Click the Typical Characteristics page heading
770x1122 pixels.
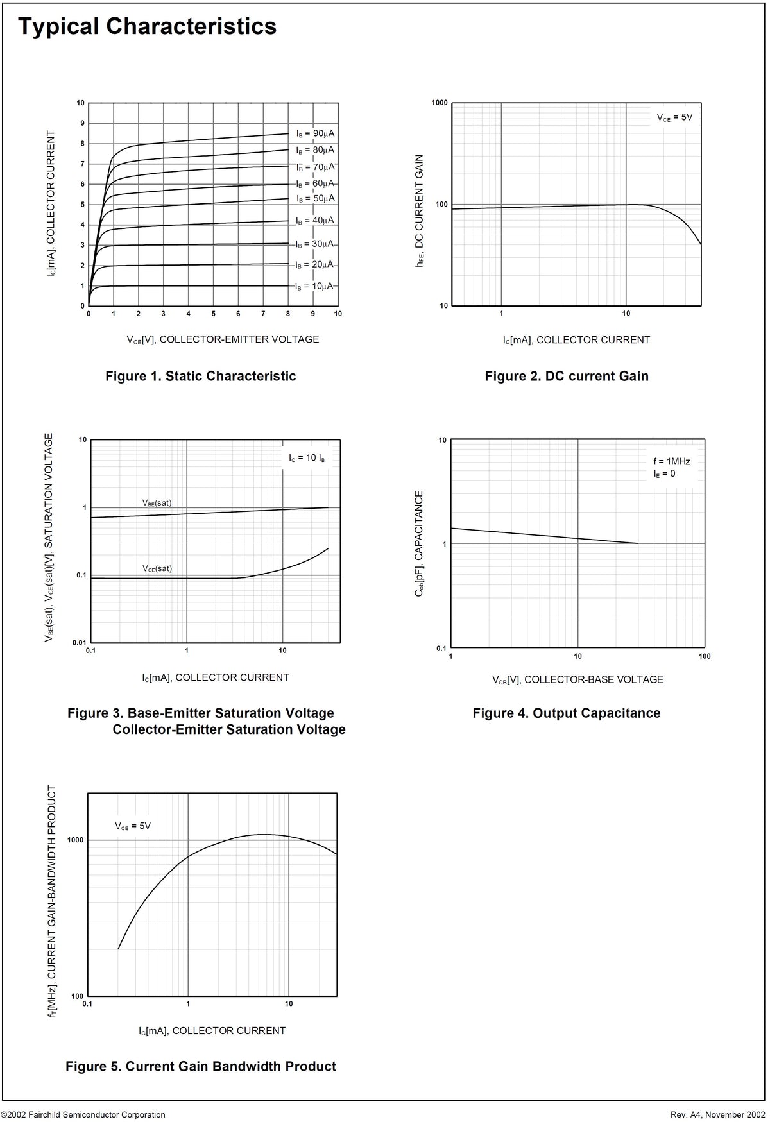click(147, 27)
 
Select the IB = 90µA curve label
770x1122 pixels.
click(315, 133)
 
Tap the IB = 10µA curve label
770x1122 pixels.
click(314, 286)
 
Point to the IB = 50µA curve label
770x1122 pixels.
click(315, 198)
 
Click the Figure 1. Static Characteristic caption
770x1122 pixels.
click(201, 376)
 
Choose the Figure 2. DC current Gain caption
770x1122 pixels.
click(567, 376)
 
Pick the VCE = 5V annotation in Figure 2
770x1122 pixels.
click(674, 117)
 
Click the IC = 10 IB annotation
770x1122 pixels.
click(307, 458)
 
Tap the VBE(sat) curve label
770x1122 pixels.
click(157, 503)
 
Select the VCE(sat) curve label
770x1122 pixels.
click(157, 569)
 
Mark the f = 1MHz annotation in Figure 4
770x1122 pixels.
click(672, 461)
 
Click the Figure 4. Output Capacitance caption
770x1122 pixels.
click(567, 713)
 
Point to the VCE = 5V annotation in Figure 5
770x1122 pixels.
click(133, 826)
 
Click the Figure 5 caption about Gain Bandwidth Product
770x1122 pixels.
click(201, 1066)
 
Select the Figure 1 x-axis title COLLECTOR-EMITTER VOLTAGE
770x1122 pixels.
click(223, 339)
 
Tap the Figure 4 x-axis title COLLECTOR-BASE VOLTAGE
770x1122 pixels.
click(577, 679)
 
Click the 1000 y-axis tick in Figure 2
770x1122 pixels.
click(440, 103)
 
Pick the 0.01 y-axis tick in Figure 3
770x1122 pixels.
click(80, 643)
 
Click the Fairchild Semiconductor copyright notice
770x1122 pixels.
click(83, 1115)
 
